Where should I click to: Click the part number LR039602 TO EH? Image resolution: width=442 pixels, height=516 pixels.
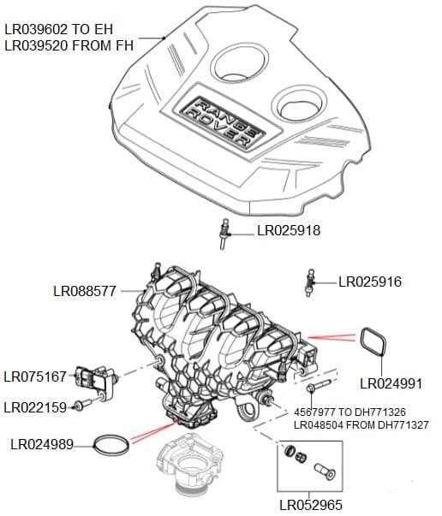pyautogui.click(x=58, y=28)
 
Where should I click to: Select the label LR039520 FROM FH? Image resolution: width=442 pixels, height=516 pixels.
pyautogui.click(x=69, y=45)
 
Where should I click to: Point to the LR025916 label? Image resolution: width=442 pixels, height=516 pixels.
pyautogui.click(x=370, y=282)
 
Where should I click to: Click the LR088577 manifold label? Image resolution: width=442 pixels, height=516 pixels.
pyautogui.click(x=85, y=291)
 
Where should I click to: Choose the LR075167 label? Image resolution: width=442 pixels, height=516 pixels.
pyautogui.click(x=35, y=377)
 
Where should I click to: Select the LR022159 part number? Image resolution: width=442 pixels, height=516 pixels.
pyautogui.click(x=35, y=407)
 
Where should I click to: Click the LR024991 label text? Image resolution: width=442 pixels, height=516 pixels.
pyautogui.click(x=391, y=383)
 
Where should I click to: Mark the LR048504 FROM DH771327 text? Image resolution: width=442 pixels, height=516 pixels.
pyautogui.click(x=362, y=424)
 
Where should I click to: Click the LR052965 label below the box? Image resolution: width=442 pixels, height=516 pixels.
pyautogui.click(x=311, y=506)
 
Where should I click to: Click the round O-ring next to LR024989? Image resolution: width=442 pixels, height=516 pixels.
pyautogui.click(x=111, y=444)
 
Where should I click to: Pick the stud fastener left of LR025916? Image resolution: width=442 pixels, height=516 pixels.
pyautogui.click(x=309, y=282)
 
